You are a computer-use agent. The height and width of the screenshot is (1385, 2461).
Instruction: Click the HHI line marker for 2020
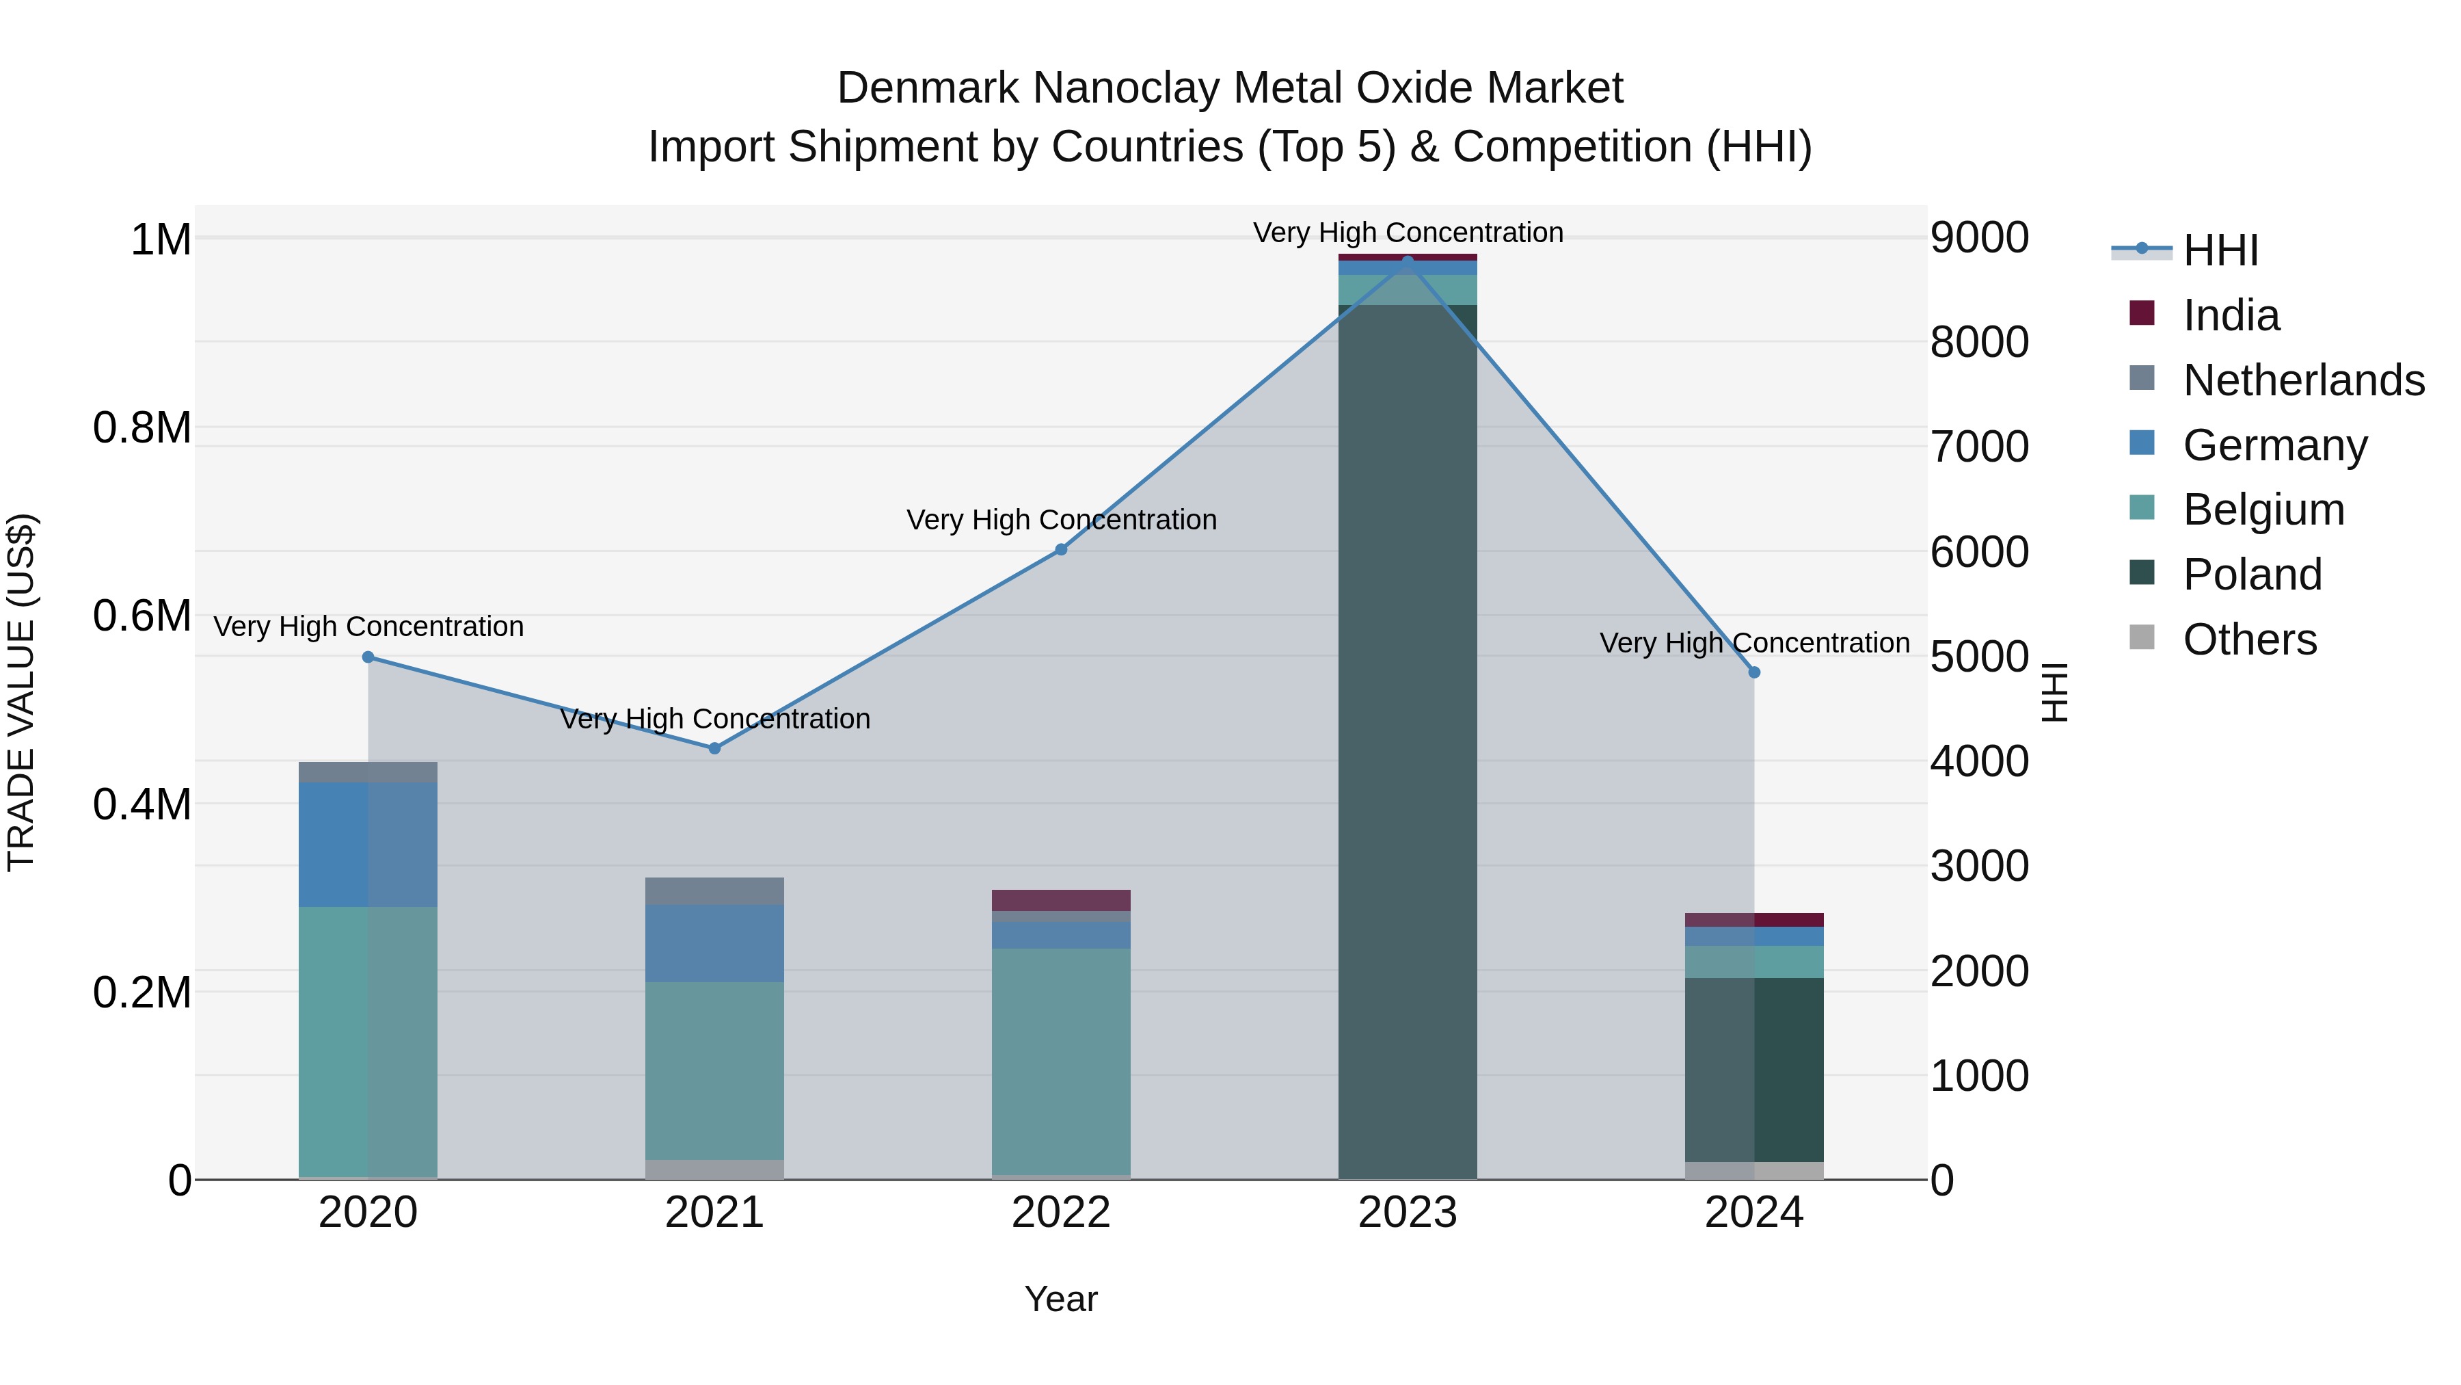[x=368, y=657]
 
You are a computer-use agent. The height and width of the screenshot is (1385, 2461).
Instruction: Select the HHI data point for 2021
[x=714, y=748]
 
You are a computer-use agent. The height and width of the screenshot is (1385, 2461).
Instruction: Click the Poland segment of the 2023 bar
[x=1408, y=746]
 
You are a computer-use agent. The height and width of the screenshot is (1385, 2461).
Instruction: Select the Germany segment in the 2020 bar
[x=368, y=844]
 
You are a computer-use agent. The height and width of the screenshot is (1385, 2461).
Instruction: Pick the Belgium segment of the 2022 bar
[x=1060, y=1061]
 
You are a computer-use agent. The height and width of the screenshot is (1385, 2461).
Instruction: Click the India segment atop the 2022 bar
[x=1060, y=899]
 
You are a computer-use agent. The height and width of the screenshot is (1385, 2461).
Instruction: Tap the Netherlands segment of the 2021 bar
[x=714, y=891]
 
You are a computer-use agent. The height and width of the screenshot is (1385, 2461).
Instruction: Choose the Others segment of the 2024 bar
[x=1754, y=1170]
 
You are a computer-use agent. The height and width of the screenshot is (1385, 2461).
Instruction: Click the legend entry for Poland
[x=2251, y=575]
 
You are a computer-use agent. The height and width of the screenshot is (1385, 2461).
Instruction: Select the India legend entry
[x=2230, y=315]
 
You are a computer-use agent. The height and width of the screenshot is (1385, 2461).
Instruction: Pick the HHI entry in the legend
[x=2219, y=250]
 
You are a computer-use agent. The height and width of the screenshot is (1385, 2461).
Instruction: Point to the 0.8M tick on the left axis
[x=142, y=428]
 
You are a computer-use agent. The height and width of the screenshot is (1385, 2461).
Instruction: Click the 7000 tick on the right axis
[x=1978, y=447]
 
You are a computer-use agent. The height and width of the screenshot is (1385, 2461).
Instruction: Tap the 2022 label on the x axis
[x=1060, y=1213]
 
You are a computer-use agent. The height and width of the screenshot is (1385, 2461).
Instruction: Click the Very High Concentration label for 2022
[x=1060, y=520]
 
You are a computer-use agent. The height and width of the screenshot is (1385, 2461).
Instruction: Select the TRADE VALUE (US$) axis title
[x=21, y=692]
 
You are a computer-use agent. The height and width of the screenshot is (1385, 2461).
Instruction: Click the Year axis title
[x=1060, y=1299]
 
